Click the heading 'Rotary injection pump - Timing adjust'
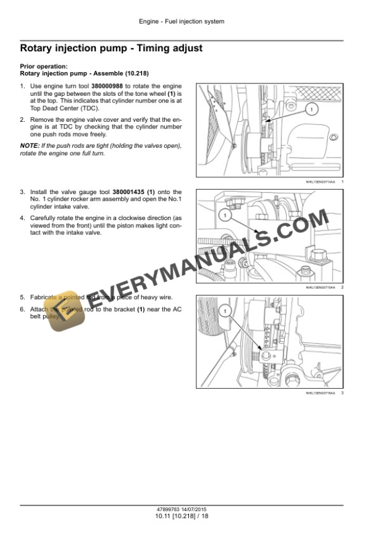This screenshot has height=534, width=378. [111, 48]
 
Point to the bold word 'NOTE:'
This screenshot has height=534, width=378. [30, 146]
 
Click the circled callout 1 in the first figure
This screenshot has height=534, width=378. [312, 109]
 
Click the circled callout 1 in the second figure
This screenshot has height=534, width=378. [226, 215]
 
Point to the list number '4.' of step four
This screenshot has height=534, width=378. [23, 218]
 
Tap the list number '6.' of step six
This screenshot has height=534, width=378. [23, 309]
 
